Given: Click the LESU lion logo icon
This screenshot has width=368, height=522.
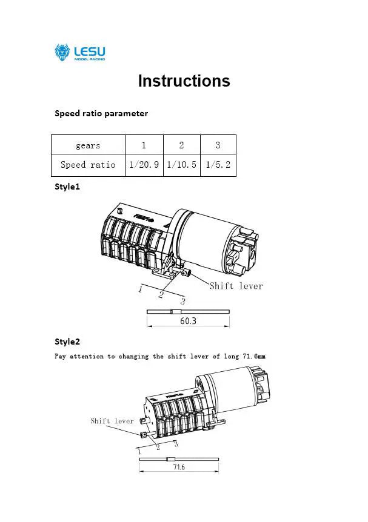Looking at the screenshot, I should pos(62,53).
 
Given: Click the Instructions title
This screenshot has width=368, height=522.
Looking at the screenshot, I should pos(184,81).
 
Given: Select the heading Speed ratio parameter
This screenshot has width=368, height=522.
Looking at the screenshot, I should pos(101,113).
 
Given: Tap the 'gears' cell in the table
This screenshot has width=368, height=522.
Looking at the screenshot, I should pos(88,145).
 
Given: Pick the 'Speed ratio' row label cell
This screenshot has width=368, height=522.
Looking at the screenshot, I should pos(88,165).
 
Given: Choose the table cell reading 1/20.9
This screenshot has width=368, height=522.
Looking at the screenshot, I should pos(144,165).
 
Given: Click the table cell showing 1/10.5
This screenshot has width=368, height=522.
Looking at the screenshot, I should pos(181,165).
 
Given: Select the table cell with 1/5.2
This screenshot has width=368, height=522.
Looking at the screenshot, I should pos(218,165).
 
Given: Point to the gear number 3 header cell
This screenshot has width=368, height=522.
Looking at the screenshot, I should pos(218,145).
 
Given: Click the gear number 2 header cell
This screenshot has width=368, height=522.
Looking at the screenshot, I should pos(181,145).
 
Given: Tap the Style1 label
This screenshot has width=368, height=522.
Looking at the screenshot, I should pos(67,187).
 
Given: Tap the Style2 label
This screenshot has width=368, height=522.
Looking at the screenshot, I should pos(67,342).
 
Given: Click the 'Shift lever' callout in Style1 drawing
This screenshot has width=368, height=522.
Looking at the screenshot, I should pos(236,286).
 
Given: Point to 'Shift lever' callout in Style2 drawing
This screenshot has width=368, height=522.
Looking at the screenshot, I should pos(112,421).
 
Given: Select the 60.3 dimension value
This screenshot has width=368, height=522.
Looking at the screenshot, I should pos(188,322).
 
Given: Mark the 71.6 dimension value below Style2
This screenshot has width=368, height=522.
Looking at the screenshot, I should pos(179,467).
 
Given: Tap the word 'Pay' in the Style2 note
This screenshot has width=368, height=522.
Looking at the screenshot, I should pos(61,357).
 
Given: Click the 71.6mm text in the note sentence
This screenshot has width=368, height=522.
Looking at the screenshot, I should pos(253,357).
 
